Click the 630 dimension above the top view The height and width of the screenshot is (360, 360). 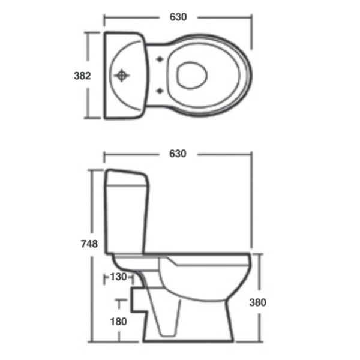pos(178,17)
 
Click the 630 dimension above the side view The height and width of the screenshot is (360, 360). pos(178,154)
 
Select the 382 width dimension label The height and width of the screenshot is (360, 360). pos(82,76)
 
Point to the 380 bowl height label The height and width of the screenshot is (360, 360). pos(257,302)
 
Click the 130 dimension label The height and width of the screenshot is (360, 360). pos(118,277)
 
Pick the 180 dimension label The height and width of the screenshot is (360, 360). pos(119,321)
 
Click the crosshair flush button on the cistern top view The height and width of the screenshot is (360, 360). pos(122,76)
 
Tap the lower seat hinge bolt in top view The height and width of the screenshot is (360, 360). pos(160,91)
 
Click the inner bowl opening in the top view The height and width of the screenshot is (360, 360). pos(193,74)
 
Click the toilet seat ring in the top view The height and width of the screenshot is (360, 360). pos(234,75)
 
